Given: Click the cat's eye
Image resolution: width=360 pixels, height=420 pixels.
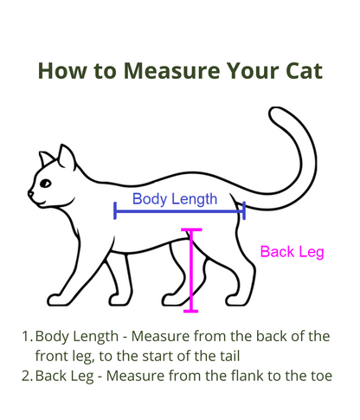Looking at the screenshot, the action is coord(45,183).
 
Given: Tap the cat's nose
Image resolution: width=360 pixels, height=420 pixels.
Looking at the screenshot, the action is coord(30,193).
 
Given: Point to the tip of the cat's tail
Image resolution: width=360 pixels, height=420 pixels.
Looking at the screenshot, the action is coord(274,111).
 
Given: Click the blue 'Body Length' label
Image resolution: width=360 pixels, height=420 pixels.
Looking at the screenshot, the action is coord(175,199).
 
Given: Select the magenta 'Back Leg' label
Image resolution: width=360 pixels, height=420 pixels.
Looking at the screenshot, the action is coord(292,252).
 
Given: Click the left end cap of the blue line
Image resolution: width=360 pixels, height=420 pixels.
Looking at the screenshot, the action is coord(115,210).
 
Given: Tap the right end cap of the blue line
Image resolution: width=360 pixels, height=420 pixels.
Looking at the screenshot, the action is coord(244,210).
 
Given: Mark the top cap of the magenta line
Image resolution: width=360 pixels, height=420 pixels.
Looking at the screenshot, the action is coord(191,229).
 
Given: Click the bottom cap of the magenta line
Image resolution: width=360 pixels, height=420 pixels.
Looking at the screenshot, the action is coord(191,311).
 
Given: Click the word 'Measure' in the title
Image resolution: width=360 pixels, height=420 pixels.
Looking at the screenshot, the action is coord(172,71).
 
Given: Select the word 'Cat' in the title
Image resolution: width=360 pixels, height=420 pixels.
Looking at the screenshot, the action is coord(304,71).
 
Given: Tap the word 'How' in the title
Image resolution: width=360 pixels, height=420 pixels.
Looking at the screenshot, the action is coord(62,71).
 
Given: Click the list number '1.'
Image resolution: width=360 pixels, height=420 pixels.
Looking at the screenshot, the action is coord(28,336).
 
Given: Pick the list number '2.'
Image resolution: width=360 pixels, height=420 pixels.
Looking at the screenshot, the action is coord(28,376).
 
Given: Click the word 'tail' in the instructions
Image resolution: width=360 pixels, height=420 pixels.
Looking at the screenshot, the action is coord(230,356).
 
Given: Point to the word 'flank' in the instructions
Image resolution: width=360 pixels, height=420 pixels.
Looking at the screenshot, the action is coord(247,376).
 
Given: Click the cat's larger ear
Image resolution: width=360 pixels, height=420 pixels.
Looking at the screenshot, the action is coord(67,158).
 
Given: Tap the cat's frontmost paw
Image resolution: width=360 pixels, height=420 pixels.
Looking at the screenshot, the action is coord(58,300).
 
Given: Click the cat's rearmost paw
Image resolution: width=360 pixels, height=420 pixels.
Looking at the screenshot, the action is coord(237,300).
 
